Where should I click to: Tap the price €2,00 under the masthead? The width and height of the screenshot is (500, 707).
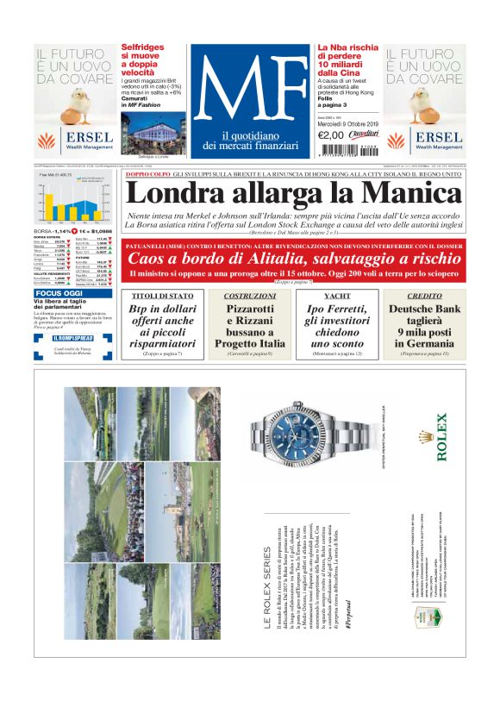331,135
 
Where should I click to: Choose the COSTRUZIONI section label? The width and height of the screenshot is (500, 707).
248,296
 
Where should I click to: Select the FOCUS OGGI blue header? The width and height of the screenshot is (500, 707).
59,293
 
